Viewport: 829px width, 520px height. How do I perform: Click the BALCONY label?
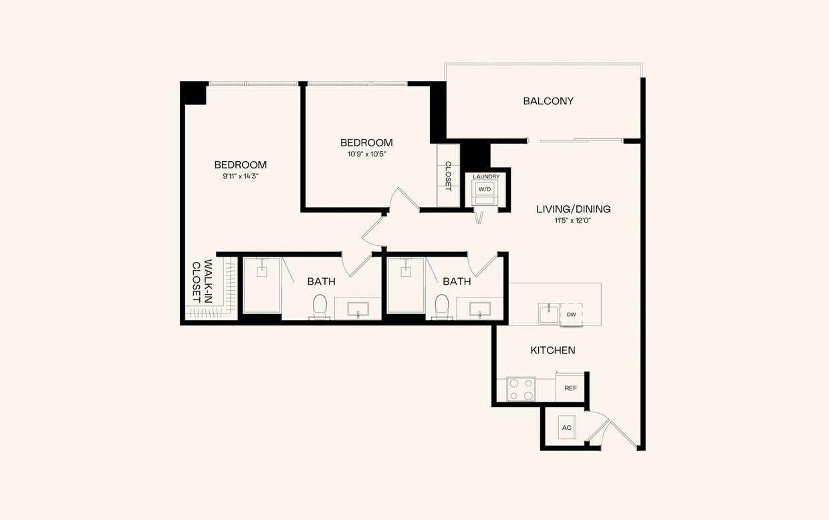pyautogui.click(x=548, y=102)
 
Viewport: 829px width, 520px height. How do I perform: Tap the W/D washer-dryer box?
pyautogui.click(x=483, y=189)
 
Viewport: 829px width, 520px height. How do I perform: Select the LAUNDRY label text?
pyautogui.click(x=486, y=176)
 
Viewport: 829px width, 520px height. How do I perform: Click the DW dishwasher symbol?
pyautogui.click(x=571, y=314)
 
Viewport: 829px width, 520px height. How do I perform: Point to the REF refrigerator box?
pyautogui.click(x=570, y=388)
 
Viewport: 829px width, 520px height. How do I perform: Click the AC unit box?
pyautogui.click(x=566, y=428)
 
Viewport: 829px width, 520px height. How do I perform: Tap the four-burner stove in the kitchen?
pyautogui.click(x=521, y=389)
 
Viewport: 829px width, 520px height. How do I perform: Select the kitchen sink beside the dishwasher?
pyautogui.click(x=549, y=313)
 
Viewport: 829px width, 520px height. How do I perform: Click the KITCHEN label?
pyautogui.click(x=553, y=350)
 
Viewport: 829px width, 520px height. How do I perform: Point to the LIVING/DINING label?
pyautogui.click(x=573, y=209)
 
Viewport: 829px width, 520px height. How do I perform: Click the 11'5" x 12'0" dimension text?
pyautogui.click(x=573, y=221)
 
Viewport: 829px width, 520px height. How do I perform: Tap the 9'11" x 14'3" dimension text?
pyautogui.click(x=240, y=176)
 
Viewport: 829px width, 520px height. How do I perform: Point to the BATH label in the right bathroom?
pyautogui.click(x=457, y=282)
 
